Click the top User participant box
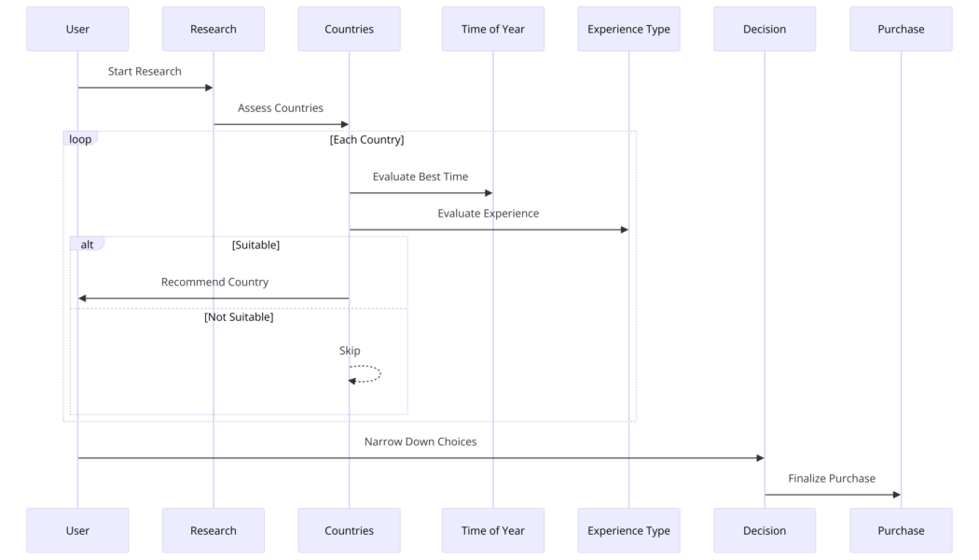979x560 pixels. [77, 29]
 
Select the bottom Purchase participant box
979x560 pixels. [901, 530]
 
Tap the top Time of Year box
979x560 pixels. [492, 29]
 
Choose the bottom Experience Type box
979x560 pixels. [628, 530]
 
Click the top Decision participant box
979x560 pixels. [765, 29]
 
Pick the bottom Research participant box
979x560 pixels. [214, 530]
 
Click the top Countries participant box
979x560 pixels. [349, 29]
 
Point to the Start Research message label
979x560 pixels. [145, 71]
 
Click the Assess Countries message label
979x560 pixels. [281, 108]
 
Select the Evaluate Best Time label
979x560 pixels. [421, 176]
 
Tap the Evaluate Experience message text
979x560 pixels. [489, 213]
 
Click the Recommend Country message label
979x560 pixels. [214, 282]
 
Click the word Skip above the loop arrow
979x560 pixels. [350, 351]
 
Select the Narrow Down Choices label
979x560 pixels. [421, 441]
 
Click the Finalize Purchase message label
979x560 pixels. [832, 478]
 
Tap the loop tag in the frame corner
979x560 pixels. [80, 139]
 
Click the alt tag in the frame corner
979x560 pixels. [87, 245]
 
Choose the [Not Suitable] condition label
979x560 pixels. [239, 317]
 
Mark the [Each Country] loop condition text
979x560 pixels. [366, 140]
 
